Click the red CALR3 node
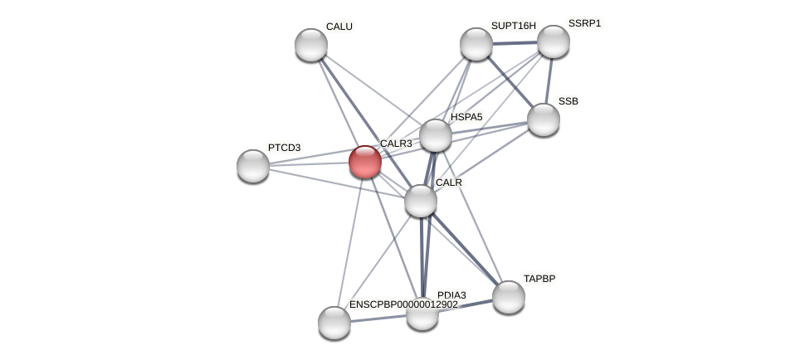pyautogui.click(x=365, y=162)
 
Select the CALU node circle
pyautogui.click(x=311, y=45)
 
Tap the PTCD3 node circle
pyautogui.click(x=253, y=166)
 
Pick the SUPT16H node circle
pyautogui.click(x=476, y=44)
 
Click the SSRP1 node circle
pyautogui.click(x=554, y=41)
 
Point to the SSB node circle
pyautogui.click(x=544, y=119)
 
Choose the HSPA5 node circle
pyautogui.click(x=436, y=135)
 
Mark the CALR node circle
pyautogui.click(x=421, y=201)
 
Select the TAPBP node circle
pyautogui.click(x=509, y=297)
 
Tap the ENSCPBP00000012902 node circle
pyautogui.click(x=334, y=323)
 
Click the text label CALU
pyautogui.click(x=339, y=27)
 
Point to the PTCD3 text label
pyautogui.click(x=284, y=148)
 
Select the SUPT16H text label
pyautogui.click(x=513, y=26)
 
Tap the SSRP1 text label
pyautogui.click(x=584, y=23)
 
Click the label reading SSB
pyautogui.click(x=568, y=101)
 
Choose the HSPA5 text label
pyautogui.click(x=466, y=117)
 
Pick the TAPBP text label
pyautogui.click(x=539, y=279)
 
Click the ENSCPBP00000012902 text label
pyautogui.click(x=403, y=304)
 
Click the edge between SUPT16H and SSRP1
pyautogui.click(x=515, y=42)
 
